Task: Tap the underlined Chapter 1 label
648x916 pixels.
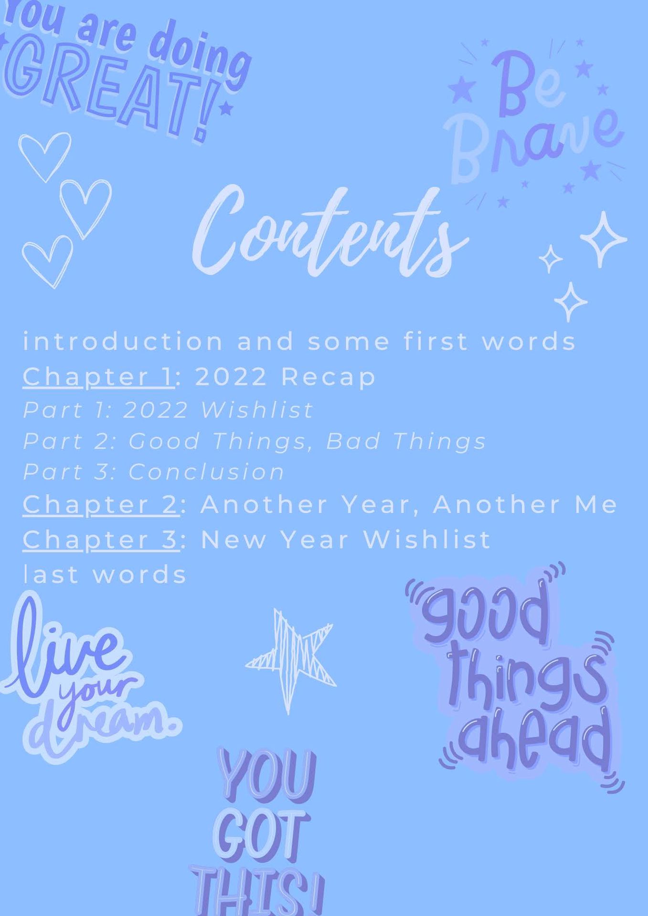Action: coord(98,377)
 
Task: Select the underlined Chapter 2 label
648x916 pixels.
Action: coord(101,505)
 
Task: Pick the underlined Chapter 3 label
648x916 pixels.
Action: coord(101,540)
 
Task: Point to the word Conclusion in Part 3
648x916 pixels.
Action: coord(207,472)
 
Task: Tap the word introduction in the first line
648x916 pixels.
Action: coord(123,342)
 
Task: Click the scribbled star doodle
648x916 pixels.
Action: coord(290,661)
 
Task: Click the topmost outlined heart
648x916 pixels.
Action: coord(45,156)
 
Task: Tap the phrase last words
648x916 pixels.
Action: coord(105,574)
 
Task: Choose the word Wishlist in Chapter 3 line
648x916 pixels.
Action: coord(426,540)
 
